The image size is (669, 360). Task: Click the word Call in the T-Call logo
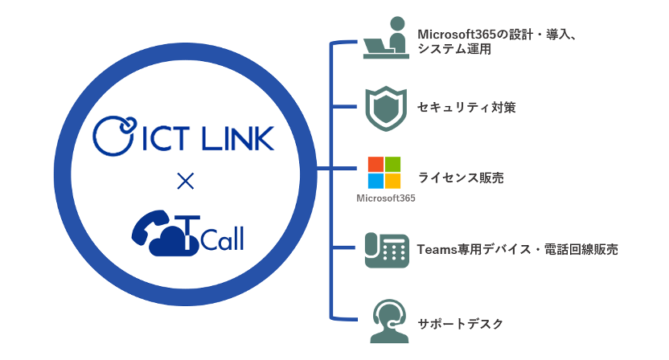pos(220,239)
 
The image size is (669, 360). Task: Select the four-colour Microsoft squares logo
pos(384,172)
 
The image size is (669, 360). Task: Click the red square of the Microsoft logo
pos(375,164)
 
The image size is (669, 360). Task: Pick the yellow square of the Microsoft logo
pos(392,181)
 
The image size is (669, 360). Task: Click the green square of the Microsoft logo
pos(392,164)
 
